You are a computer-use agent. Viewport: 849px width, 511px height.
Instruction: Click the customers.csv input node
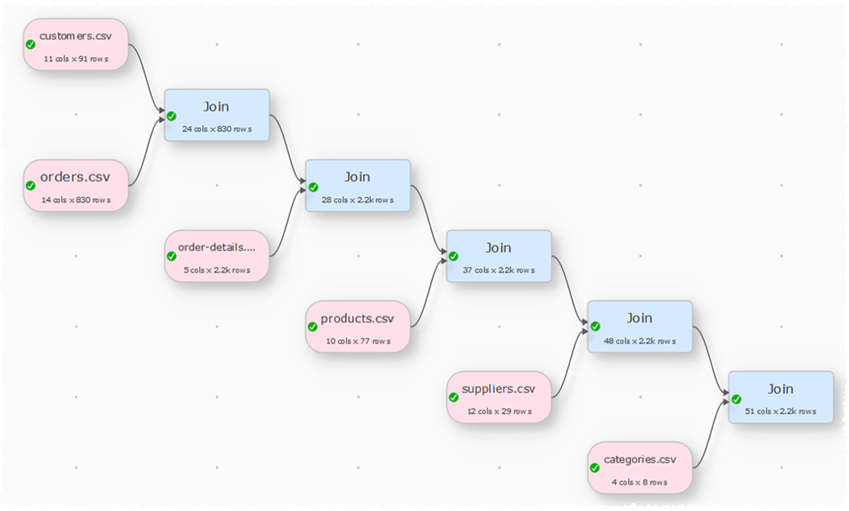[x=76, y=44]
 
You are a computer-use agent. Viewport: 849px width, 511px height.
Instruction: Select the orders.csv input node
[x=76, y=185]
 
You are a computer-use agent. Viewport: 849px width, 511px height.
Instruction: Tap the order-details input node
[x=216, y=255]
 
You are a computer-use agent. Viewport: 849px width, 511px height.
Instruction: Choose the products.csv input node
[x=357, y=327]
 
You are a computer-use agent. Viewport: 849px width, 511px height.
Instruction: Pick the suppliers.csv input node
[x=498, y=397]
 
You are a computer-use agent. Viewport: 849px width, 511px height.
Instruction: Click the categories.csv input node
[x=639, y=468]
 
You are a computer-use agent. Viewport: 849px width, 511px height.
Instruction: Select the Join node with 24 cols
[x=216, y=114]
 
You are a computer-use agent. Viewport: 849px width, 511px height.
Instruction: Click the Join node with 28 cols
[x=357, y=185]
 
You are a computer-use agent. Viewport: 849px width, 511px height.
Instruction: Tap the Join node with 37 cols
[x=498, y=255]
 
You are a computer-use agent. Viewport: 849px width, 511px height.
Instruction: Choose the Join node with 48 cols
[x=639, y=327]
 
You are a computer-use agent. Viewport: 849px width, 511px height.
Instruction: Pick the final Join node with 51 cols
[x=780, y=397]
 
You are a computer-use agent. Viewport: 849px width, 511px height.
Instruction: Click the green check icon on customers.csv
[x=31, y=44]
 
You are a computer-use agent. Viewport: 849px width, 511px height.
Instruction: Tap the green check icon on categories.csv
[x=595, y=468]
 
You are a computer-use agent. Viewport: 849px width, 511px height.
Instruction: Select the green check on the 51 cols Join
[x=736, y=398]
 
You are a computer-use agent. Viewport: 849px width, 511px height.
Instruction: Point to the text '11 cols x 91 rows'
[x=76, y=59]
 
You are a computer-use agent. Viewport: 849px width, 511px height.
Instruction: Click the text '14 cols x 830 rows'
[x=76, y=200]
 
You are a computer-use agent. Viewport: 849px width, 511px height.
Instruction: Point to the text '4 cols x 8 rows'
[x=639, y=482]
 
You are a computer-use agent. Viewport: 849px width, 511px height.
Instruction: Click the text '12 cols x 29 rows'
[x=498, y=411]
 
